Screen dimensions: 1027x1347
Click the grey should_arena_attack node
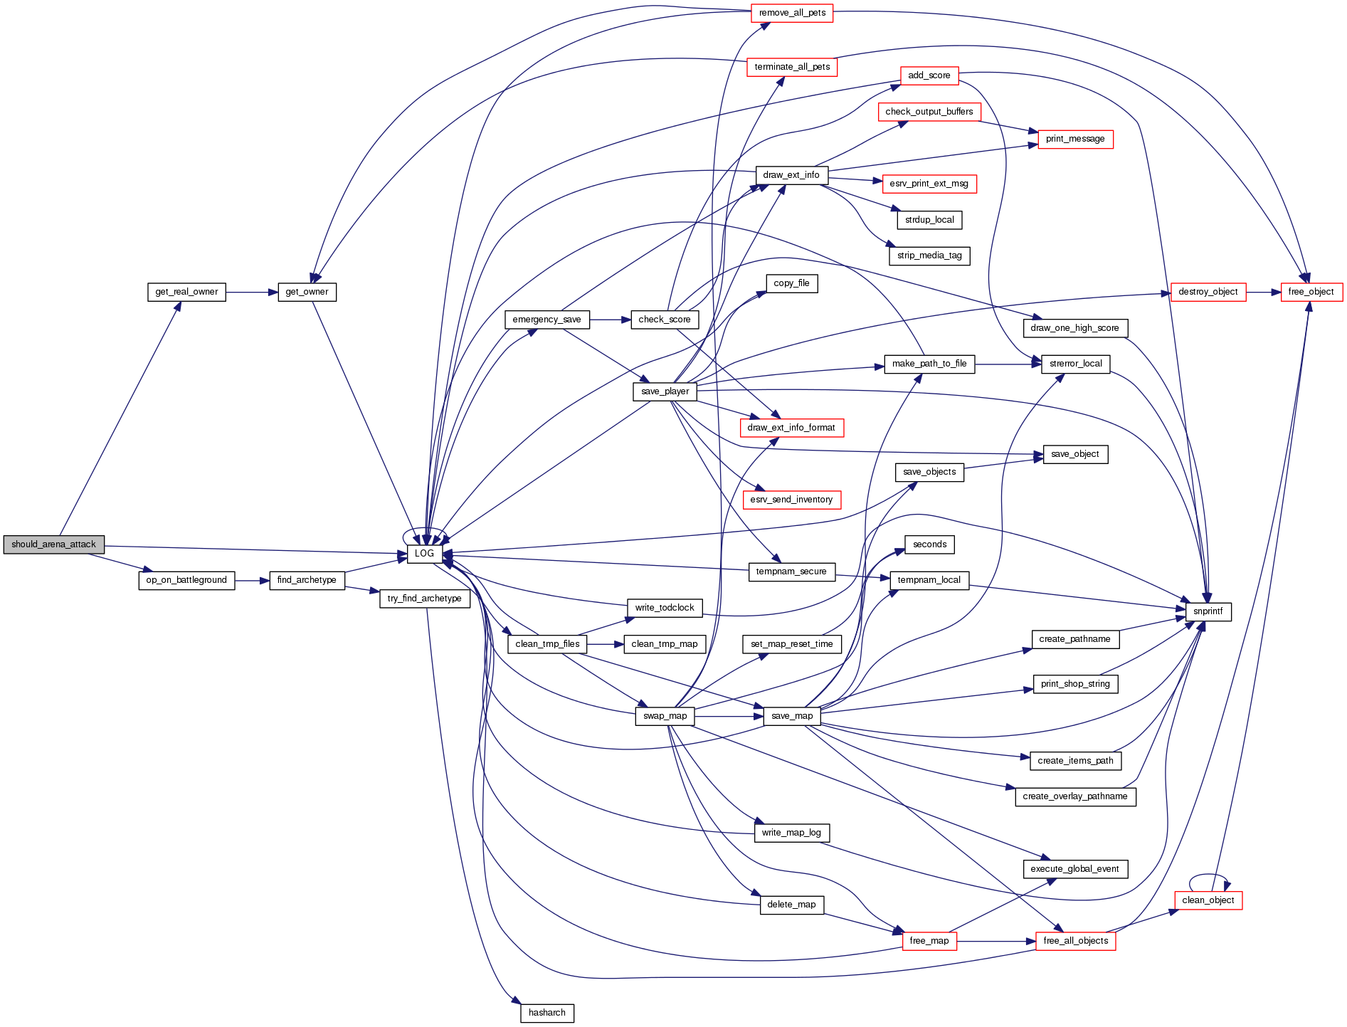53,544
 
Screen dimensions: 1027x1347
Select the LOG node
424,554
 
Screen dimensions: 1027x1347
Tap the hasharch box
546,1013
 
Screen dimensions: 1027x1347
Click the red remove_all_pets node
792,13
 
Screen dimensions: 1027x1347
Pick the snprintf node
1208,611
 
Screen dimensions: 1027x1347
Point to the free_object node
1311,292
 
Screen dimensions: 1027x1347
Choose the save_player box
665,391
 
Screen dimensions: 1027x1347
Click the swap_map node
665,716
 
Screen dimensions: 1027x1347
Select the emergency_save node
546,320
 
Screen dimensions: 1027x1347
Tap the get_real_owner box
186,292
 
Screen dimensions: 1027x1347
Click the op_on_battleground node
186,580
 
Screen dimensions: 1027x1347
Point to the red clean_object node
1208,900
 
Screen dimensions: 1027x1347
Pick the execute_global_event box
1074,869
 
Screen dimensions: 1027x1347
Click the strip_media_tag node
929,256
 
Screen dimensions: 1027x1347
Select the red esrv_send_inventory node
791,500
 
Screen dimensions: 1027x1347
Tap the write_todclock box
665,608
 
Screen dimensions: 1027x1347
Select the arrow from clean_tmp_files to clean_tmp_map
606,644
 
